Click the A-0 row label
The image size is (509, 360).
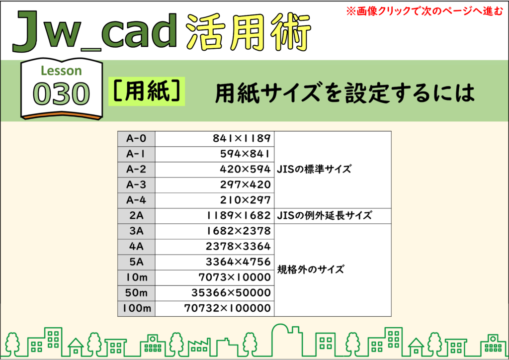pos(136,139)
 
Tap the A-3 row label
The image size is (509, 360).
pos(136,184)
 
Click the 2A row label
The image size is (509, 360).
pos(136,215)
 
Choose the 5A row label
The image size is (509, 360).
pos(136,262)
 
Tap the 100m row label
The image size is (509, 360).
pos(136,308)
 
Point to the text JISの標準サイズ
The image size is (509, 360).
pos(314,169)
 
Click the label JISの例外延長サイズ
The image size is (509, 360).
pos(324,215)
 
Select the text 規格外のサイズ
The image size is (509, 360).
pos(310,270)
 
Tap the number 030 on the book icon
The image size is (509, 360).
pos(61,94)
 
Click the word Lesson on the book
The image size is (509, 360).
pos(61,71)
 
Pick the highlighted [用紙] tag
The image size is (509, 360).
pos(147,91)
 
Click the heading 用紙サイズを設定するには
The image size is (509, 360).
pos(345,93)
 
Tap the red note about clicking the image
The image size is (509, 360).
pos(424,11)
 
